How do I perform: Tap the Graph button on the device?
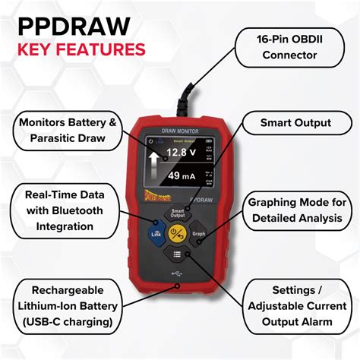(x=199, y=233)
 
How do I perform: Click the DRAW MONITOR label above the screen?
(x=178, y=130)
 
